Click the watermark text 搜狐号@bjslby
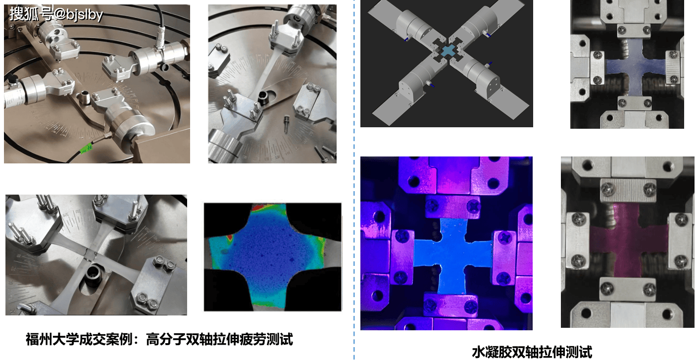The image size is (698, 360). pos(56,14)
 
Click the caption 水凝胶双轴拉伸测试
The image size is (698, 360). pos(532,352)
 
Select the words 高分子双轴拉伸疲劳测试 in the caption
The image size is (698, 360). pos(220,339)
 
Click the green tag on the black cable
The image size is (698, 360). pos(86,148)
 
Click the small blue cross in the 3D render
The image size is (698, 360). pos(448,51)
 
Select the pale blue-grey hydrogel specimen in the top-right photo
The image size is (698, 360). pos(635,67)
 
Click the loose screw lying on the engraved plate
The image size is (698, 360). pos(286,123)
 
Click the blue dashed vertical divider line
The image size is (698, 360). pos(354,180)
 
